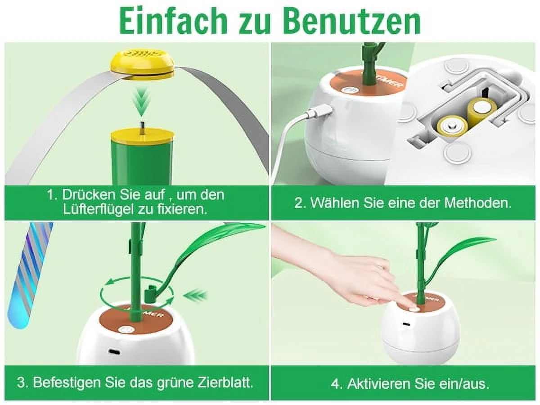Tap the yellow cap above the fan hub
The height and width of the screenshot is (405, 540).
coord(142,65)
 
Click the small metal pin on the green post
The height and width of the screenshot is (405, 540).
coord(142,127)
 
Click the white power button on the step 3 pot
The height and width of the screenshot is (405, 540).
coord(126,330)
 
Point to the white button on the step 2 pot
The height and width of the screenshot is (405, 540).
coord(349,90)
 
